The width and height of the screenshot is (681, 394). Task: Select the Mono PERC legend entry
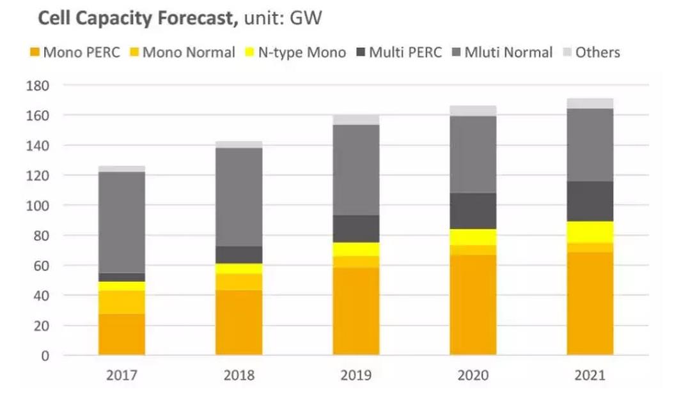(x=74, y=52)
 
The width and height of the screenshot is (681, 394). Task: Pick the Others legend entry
(x=591, y=52)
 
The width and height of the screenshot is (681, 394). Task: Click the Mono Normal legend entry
(x=182, y=52)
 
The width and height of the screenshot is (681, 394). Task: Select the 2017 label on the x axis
(x=121, y=375)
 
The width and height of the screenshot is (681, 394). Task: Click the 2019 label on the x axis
(x=356, y=375)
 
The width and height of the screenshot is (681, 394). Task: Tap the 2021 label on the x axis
(x=590, y=375)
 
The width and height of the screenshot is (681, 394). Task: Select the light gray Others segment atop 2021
(x=590, y=103)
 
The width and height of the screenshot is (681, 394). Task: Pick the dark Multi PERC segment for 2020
(x=473, y=211)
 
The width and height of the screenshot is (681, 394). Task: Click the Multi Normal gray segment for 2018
(x=239, y=197)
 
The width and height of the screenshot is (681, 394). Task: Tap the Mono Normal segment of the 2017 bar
(x=121, y=302)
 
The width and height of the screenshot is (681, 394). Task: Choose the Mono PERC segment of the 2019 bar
(x=356, y=311)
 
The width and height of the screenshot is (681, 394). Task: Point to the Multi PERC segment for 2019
(x=356, y=229)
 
